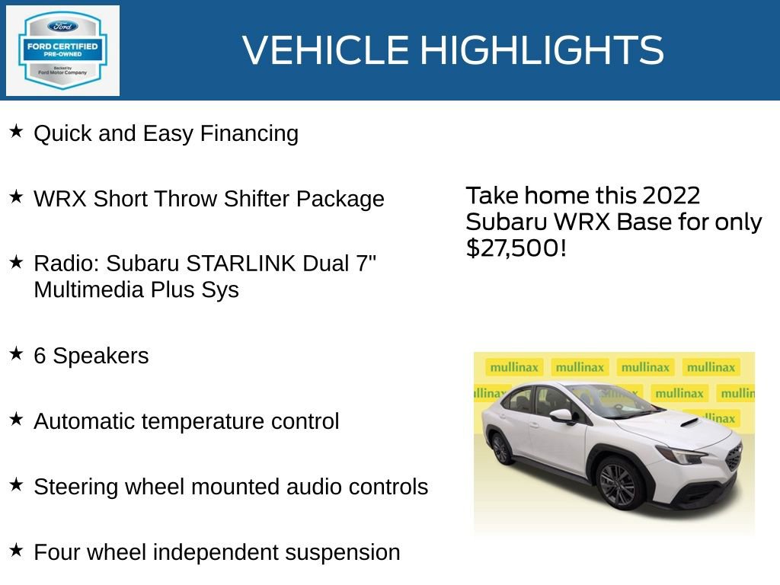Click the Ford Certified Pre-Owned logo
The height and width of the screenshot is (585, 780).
pyautogui.click(x=62, y=50)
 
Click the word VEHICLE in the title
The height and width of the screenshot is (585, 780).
pyautogui.click(x=326, y=50)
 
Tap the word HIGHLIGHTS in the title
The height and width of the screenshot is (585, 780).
pyautogui.click(x=542, y=50)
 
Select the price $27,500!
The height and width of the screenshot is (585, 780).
pyautogui.click(x=516, y=248)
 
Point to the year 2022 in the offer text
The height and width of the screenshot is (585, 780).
pyautogui.click(x=670, y=196)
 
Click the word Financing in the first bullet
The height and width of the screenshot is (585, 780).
pyautogui.click(x=249, y=133)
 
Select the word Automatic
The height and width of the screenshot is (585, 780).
pyautogui.click(x=84, y=421)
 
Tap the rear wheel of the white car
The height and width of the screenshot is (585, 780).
pyautogui.click(x=501, y=448)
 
